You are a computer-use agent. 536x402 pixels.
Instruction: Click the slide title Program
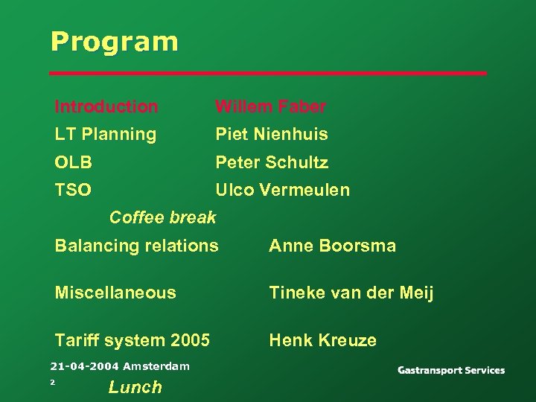pyautogui.click(x=115, y=42)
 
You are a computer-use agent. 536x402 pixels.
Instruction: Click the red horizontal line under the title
pyautogui.click(x=268, y=74)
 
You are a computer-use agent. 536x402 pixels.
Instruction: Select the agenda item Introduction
pyautogui.click(x=106, y=107)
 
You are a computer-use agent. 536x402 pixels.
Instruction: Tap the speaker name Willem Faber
pyautogui.click(x=270, y=107)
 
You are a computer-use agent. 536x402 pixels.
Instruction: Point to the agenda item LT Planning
pyautogui.click(x=106, y=135)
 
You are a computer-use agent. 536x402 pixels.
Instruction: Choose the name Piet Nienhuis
pyautogui.click(x=271, y=135)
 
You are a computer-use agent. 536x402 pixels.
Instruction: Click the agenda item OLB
pyautogui.click(x=73, y=162)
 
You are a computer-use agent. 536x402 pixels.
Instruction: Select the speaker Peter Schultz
pyautogui.click(x=271, y=162)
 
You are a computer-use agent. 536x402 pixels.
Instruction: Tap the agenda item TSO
pyautogui.click(x=73, y=190)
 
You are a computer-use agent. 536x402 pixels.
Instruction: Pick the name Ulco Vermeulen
pyautogui.click(x=282, y=190)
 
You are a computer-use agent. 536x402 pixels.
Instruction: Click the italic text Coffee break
pyautogui.click(x=162, y=217)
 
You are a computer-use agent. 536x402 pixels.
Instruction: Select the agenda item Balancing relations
pyautogui.click(x=137, y=246)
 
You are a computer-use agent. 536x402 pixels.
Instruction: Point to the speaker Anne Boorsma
pyautogui.click(x=332, y=246)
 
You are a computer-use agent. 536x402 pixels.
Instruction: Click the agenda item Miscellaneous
pyautogui.click(x=115, y=293)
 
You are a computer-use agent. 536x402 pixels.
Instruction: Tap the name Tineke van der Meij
pyautogui.click(x=351, y=293)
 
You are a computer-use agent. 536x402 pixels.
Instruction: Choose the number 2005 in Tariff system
pyautogui.click(x=191, y=340)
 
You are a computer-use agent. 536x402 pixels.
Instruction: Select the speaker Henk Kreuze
pyautogui.click(x=322, y=340)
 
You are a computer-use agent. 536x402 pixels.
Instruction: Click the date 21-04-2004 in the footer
pyautogui.click(x=84, y=366)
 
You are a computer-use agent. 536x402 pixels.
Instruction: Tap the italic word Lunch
pyautogui.click(x=135, y=386)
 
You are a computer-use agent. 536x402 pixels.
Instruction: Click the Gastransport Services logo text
pyautogui.click(x=450, y=370)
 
